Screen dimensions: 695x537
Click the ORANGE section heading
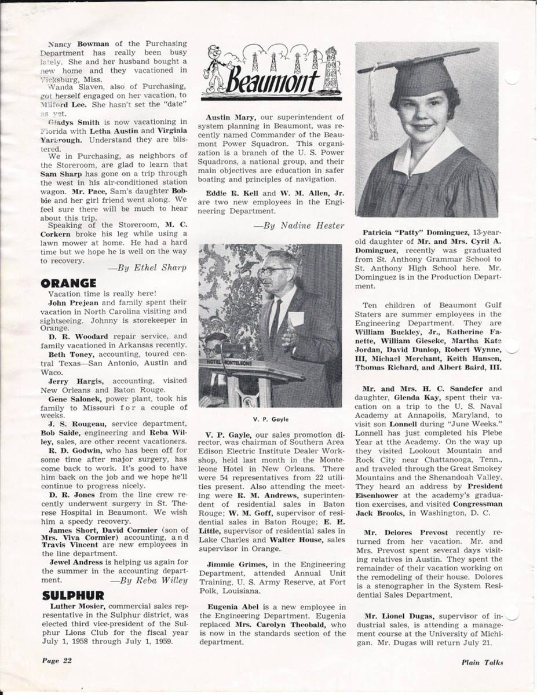click(x=68, y=283)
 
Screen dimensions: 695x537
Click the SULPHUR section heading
click(x=73, y=595)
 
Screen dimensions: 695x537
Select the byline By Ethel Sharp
click(x=148, y=268)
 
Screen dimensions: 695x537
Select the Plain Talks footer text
click(x=483, y=662)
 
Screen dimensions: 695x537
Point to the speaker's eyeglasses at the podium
click(x=274, y=270)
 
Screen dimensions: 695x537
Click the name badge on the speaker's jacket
click(x=296, y=318)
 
